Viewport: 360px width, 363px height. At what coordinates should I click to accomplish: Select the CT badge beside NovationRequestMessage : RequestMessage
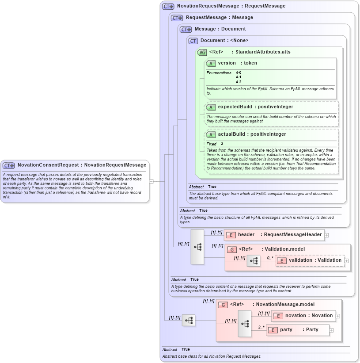pyautogui.click(x=168, y=6)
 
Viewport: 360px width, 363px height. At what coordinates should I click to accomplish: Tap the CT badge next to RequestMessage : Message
pyautogui.click(x=177, y=18)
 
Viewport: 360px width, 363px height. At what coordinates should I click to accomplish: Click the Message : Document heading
pyautogui.click(x=220, y=29)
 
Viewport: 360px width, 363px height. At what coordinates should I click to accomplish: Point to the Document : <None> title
pyautogui.click(x=224, y=41)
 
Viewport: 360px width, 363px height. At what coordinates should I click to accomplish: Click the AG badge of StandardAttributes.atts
pyautogui.click(x=202, y=52)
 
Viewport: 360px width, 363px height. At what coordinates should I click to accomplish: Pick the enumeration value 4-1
pyautogui.click(x=239, y=77)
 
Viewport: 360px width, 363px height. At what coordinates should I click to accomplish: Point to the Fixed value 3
pyautogui.click(x=222, y=144)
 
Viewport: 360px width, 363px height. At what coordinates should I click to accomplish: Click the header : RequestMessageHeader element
pyautogui.click(x=274, y=234)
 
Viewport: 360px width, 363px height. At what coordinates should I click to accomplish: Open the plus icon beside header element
pyautogui.click(x=326, y=235)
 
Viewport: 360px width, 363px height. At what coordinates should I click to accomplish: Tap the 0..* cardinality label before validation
pyautogui.click(x=270, y=257)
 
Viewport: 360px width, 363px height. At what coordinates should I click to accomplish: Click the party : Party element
pyautogui.click(x=298, y=330)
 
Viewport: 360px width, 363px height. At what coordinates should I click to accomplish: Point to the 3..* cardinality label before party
pyautogui.click(x=261, y=327)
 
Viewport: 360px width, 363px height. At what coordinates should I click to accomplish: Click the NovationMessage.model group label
pyautogui.click(x=279, y=305)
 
